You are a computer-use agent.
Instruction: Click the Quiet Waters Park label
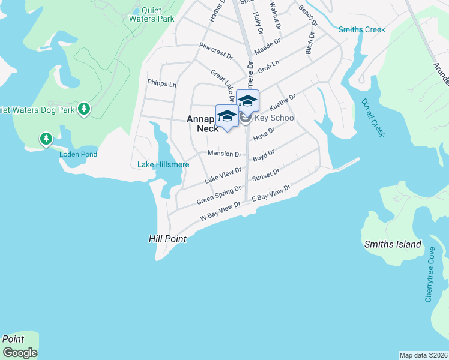coord(151,14)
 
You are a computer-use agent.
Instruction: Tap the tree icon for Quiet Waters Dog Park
coord(85,109)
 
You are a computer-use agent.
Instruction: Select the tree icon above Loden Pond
coord(46,139)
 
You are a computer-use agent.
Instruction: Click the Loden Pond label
coord(78,154)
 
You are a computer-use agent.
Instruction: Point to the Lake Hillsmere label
coord(163,164)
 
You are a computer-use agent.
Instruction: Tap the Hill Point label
coord(167,239)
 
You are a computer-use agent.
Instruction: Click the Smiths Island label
coord(393,244)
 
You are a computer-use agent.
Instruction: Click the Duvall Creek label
coord(373,118)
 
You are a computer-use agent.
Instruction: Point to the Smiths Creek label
coord(361,29)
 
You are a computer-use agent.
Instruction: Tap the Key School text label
coord(275,118)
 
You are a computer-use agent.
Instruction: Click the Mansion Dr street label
coord(224,154)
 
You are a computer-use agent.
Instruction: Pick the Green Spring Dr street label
coord(219,194)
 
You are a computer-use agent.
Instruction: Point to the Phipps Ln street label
coord(161,84)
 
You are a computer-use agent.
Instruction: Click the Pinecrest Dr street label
coord(215,51)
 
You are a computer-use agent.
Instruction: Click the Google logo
coord(20,353)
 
